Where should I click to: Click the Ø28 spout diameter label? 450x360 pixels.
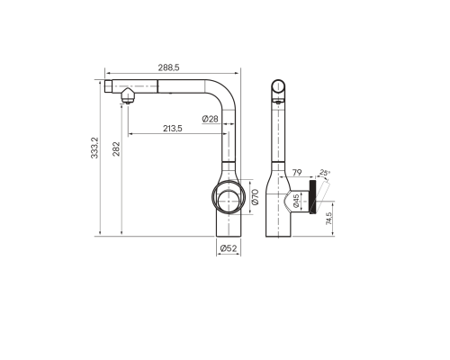(x=209, y=119)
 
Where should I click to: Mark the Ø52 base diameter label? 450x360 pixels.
(x=228, y=248)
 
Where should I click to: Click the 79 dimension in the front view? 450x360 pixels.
(x=296, y=173)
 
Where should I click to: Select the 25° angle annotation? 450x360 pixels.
(x=325, y=174)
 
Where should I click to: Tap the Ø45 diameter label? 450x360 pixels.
(x=296, y=201)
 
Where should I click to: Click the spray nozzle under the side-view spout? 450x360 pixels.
(x=128, y=97)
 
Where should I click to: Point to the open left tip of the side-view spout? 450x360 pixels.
(x=107, y=86)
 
